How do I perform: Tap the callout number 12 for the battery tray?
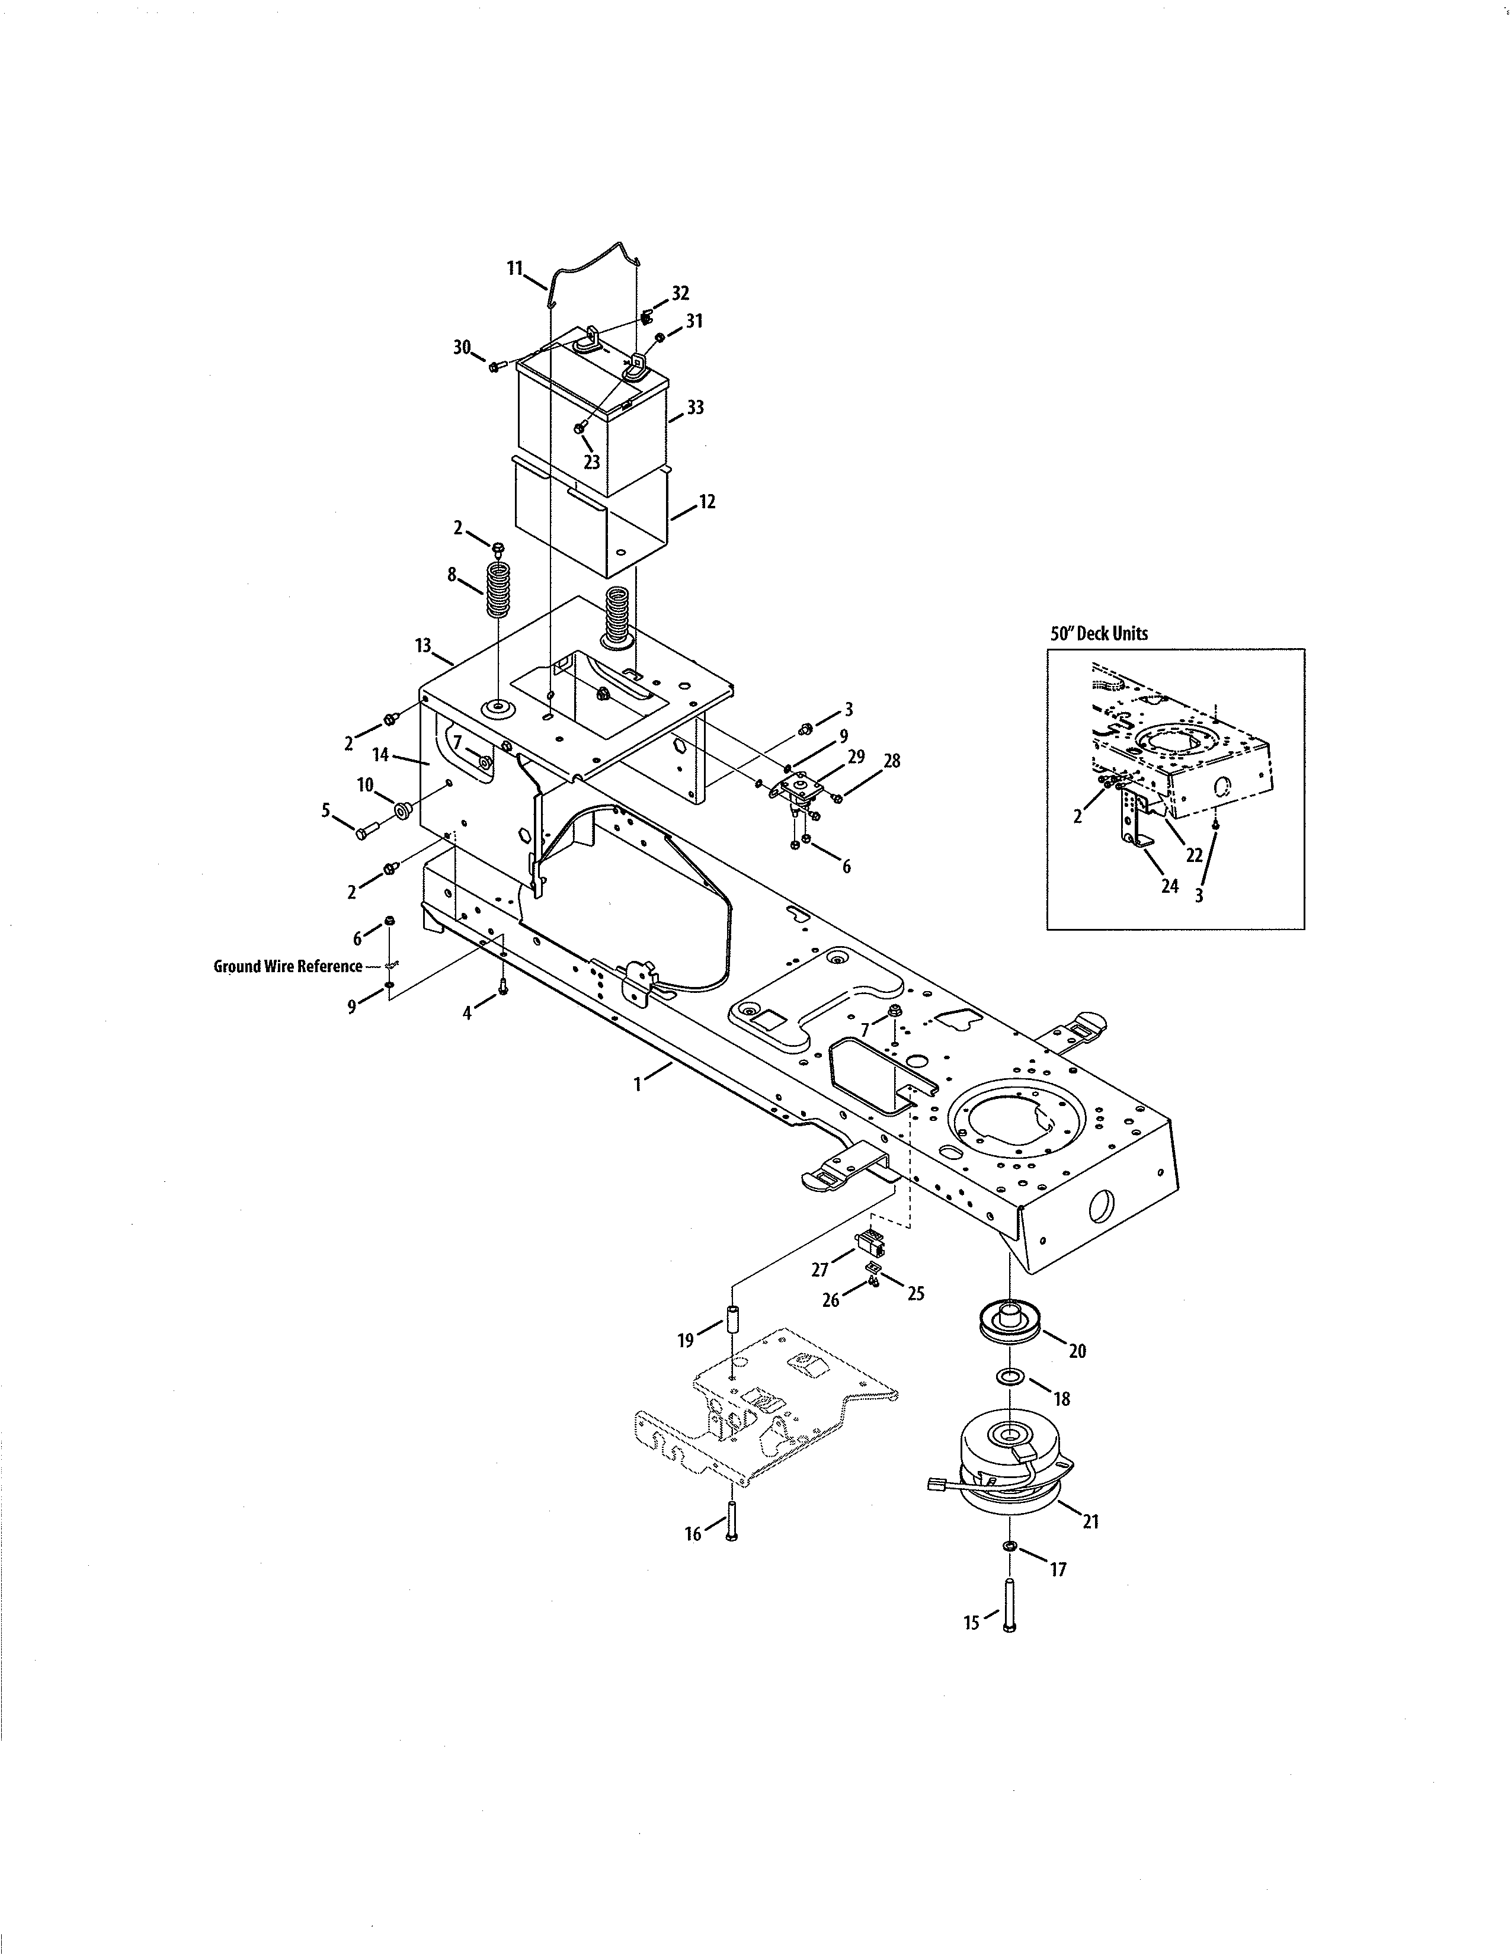pos(707,502)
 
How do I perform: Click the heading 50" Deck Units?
pos(1099,633)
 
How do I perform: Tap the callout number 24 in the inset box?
pos(1169,887)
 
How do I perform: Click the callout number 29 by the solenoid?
pos(856,757)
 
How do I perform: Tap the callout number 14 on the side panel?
pos(380,755)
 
